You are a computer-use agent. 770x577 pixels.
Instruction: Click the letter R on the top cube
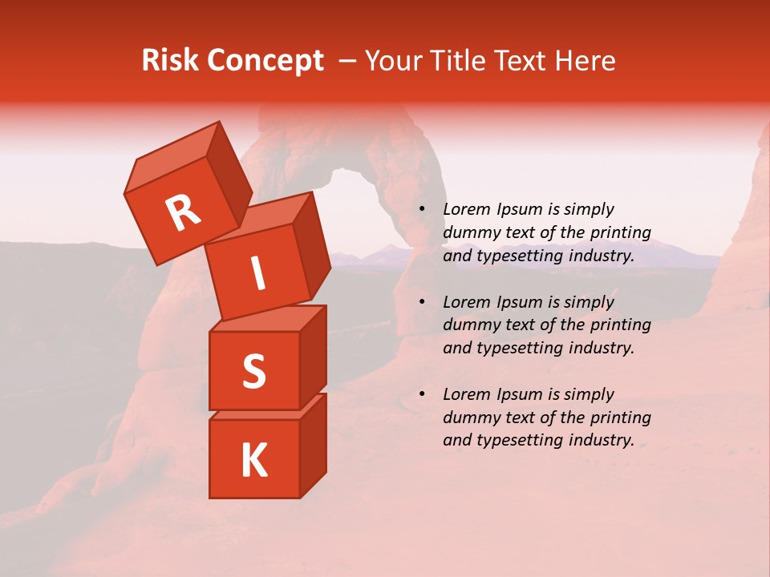click(x=183, y=212)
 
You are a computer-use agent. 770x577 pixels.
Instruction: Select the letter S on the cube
click(x=253, y=371)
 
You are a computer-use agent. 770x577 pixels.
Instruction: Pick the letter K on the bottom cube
click(x=253, y=461)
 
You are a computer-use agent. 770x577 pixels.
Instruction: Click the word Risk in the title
click(x=170, y=61)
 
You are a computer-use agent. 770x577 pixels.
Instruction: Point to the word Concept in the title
click(x=265, y=61)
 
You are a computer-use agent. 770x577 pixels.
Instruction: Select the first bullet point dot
click(x=423, y=210)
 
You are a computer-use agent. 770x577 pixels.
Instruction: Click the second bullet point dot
click(x=423, y=303)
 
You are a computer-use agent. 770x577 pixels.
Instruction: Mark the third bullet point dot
click(x=423, y=395)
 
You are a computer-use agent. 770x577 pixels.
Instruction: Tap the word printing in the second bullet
click(x=620, y=325)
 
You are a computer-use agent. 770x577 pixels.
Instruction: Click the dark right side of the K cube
click(x=313, y=446)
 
